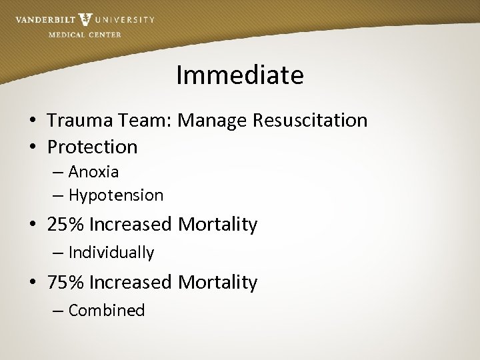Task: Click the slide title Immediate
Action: click(x=240, y=75)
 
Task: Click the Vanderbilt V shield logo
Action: click(x=85, y=19)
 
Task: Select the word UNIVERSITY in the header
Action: click(x=124, y=20)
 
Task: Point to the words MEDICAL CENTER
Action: click(x=85, y=35)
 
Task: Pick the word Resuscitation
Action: click(x=310, y=120)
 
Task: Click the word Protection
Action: click(x=92, y=147)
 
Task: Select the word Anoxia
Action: click(x=93, y=172)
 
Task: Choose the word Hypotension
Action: click(x=116, y=195)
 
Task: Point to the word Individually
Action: click(x=111, y=253)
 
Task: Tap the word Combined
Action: click(x=107, y=311)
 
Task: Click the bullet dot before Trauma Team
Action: click(x=32, y=121)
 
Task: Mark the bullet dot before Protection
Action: click(x=32, y=147)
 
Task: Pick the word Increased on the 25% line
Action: click(x=130, y=225)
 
